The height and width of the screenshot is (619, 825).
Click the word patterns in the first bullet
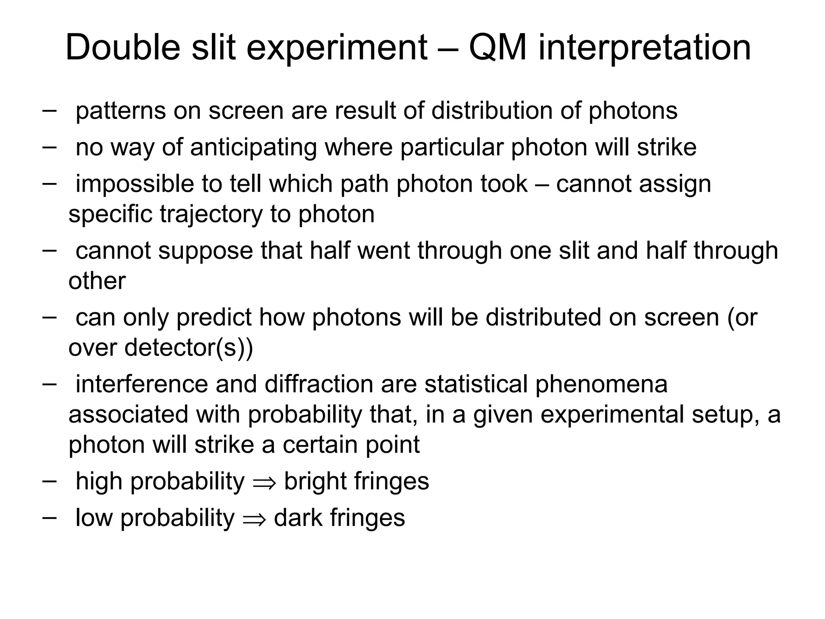(120, 111)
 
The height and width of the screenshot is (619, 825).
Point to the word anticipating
(253, 147)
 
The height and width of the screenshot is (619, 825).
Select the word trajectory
(211, 214)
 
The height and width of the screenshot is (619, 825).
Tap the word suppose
(205, 251)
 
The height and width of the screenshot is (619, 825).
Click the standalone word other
(97, 281)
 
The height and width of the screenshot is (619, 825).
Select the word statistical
(476, 384)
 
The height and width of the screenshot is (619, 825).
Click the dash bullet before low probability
(49, 517)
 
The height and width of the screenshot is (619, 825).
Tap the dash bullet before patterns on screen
(49, 110)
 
